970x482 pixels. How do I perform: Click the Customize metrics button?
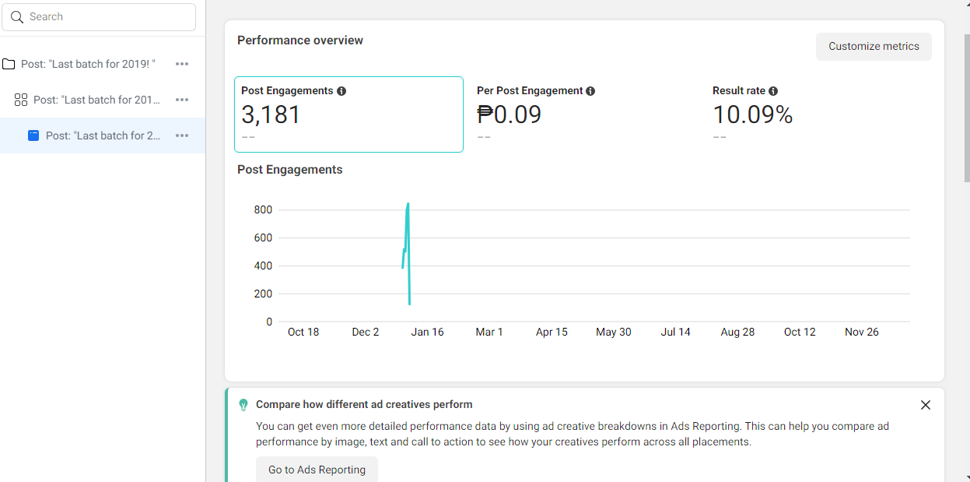tap(874, 47)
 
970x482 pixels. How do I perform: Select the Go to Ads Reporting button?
tap(317, 470)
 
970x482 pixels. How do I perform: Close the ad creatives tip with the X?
tap(925, 405)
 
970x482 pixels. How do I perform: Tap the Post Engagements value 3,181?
tap(271, 115)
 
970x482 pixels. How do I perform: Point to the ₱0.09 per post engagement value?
tap(509, 115)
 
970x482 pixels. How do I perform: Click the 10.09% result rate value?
tap(752, 115)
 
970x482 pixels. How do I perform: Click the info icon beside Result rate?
tap(773, 91)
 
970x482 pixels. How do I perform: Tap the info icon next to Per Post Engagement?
tap(590, 91)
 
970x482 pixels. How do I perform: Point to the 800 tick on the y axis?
tap(263, 209)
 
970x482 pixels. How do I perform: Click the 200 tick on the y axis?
tap(263, 294)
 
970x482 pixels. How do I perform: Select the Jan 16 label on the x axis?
tap(427, 332)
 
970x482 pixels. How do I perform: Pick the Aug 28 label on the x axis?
tap(737, 332)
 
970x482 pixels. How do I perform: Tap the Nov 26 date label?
tap(861, 332)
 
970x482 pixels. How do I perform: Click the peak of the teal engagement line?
tap(408, 204)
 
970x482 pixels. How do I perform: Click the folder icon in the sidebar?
tap(9, 64)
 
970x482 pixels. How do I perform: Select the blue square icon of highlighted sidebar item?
tap(33, 135)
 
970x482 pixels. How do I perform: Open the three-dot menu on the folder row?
tap(182, 64)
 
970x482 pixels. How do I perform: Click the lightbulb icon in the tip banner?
tap(243, 405)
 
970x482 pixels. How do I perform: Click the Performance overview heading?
tap(300, 40)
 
